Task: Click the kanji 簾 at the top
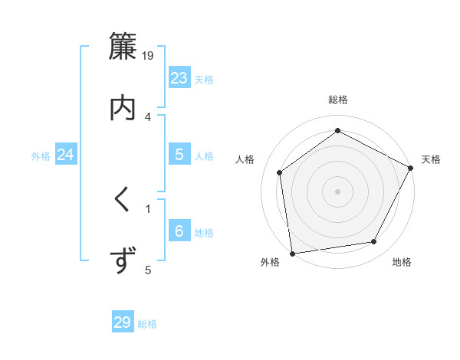pos(122,47)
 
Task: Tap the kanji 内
pos(122,107)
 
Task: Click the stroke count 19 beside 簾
pos(149,55)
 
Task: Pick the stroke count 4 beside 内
pos(148,116)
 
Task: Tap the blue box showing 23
pos(179,78)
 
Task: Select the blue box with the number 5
pos(179,155)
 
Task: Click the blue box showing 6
pos(179,231)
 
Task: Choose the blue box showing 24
pos(66,155)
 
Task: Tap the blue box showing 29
pos(123,322)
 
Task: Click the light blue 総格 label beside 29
pos(147,324)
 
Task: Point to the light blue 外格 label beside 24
pos(41,156)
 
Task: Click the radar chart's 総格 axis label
pos(338,100)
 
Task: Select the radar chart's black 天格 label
pos(431,159)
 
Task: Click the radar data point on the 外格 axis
pos(292,253)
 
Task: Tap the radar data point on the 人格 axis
pos(280,172)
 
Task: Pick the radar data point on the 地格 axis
pos(374,241)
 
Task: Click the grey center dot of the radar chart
pos(338,191)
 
